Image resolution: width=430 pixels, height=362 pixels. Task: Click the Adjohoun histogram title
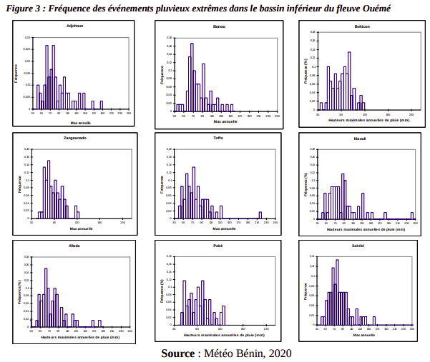coord(72,26)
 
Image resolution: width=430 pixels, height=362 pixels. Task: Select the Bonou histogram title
coord(220,26)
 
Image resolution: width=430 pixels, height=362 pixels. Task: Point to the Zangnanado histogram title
coord(75,137)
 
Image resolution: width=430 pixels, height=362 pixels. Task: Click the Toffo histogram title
coord(219,137)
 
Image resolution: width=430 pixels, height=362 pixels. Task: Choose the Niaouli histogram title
coord(359,139)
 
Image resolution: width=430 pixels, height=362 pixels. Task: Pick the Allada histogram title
coord(74,246)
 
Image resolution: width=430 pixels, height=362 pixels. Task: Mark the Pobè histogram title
coord(218,246)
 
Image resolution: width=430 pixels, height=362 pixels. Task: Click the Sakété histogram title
coord(358,246)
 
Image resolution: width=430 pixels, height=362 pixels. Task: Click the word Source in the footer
coord(178,353)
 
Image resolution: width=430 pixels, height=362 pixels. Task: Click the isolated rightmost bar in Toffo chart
coord(260,214)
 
